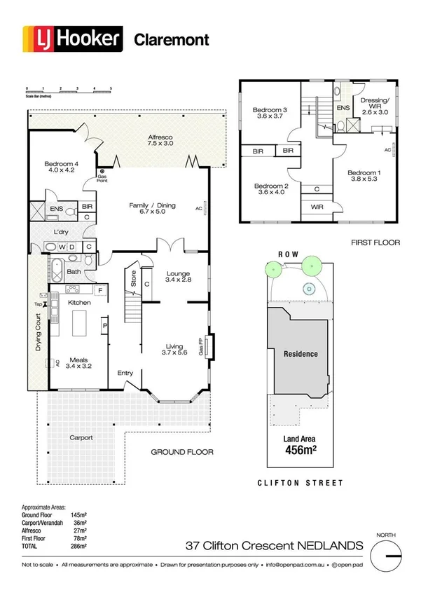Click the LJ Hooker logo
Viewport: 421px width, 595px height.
tap(73, 38)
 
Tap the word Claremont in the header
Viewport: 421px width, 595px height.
tap(171, 39)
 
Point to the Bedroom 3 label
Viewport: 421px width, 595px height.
tap(270, 114)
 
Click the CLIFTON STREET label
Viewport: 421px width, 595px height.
tap(300, 483)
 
